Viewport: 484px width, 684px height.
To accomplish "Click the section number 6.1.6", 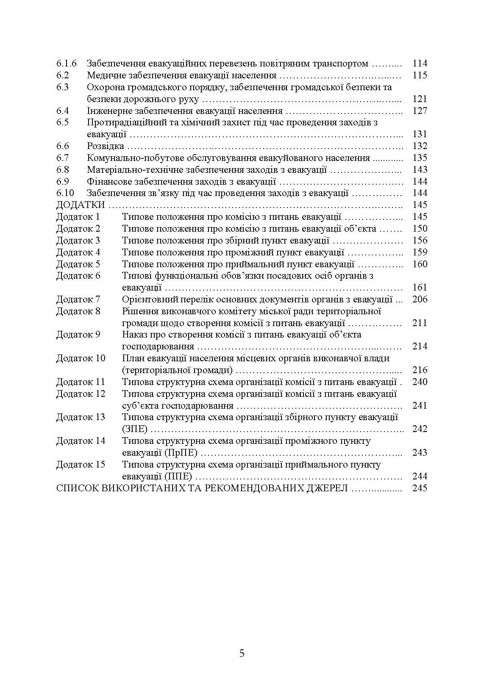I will pyautogui.click(x=67, y=64).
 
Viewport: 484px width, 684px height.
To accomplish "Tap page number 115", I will pyautogui.click(x=420, y=75).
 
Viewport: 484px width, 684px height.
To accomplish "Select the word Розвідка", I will pyautogui.click(x=106, y=146).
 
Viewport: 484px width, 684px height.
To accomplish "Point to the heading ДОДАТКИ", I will pyautogui.click(x=81, y=205).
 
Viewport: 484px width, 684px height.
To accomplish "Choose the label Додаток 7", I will pyautogui.click(x=78, y=299).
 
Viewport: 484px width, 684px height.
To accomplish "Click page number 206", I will pyautogui.click(x=420, y=299).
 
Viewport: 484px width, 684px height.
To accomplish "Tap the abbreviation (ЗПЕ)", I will pyautogui.click(x=135, y=429).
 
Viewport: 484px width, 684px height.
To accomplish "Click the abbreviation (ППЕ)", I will pyautogui.click(x=178, y=476).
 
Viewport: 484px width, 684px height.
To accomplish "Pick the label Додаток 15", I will pyautogui.click(x=81, y=464).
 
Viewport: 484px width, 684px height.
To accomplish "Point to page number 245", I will pyautogui.click(x=420, y=488).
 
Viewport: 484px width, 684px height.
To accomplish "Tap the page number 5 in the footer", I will pyautogui.click(x=242, y=653).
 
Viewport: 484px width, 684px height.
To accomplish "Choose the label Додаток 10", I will pyautogui.click(x=81, y=358).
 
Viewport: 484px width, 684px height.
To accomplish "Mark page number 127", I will pyautogui.click(x=420, y=111).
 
